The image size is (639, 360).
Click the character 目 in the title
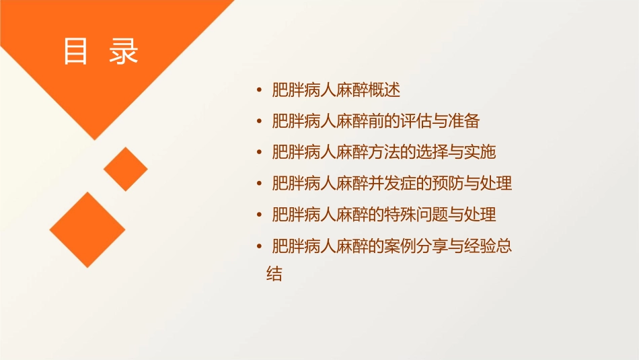tap(76, 51)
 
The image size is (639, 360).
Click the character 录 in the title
tap(123, 51)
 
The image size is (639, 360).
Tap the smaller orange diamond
tap(126, 169)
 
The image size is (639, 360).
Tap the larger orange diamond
tap(87, 229)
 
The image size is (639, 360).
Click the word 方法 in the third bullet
tap(376, 152)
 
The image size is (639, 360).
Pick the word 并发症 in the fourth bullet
tap(384, 183)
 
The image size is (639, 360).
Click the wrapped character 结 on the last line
tap(274, 275)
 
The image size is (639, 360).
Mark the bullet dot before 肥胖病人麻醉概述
tap(260, 90)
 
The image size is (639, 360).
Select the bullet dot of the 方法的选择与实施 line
tap(260, 152)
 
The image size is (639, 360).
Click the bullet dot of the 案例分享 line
tap(260, 246)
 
